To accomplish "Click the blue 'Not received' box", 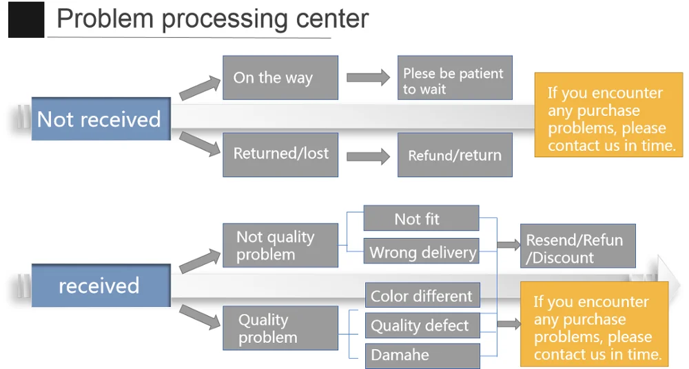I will (101, 119).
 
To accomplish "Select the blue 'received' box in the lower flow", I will (101, 286).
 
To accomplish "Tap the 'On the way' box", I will (280, 77).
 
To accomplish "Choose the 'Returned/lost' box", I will (280, 154).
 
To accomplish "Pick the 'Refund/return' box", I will (455, 155).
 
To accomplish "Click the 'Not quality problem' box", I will (280, 246).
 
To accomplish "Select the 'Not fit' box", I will (420, 219).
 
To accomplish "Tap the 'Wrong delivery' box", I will (420, 252).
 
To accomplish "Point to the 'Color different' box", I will (422, 296).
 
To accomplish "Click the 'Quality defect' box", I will (422, 326).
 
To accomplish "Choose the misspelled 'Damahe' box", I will (422, 355).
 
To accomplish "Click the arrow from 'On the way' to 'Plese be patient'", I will (368, 77).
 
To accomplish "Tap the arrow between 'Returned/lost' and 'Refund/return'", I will (368, 156).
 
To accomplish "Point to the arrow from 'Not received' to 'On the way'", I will (196, 88).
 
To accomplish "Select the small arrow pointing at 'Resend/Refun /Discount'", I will (508, 243).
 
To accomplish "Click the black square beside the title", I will (26, 19).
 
